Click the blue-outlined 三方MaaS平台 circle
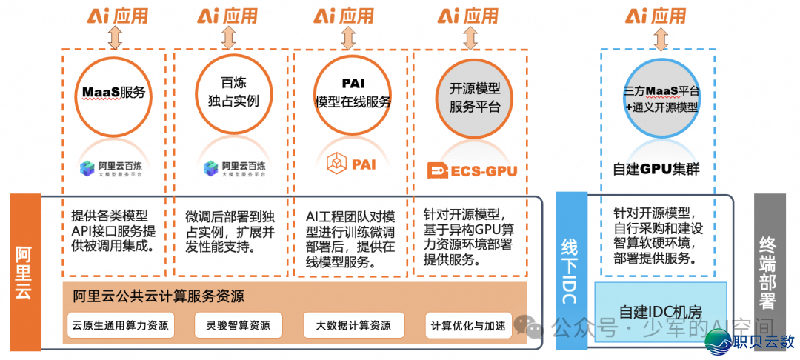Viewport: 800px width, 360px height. (661, 99)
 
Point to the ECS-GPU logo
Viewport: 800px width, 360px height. (472, 170)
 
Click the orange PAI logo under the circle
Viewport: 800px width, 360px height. (353, 162)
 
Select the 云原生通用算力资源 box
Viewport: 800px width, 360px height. (119, 324)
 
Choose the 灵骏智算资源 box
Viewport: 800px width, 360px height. (239, 324)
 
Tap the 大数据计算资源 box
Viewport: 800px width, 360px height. (353, 324)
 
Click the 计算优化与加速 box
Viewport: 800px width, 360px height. (468, 324)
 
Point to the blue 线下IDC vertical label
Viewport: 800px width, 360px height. (570, 270)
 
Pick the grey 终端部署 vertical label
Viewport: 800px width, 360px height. (768, 270)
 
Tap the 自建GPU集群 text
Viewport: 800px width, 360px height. (656, 169)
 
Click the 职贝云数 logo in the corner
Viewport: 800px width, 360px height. (750, 341)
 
